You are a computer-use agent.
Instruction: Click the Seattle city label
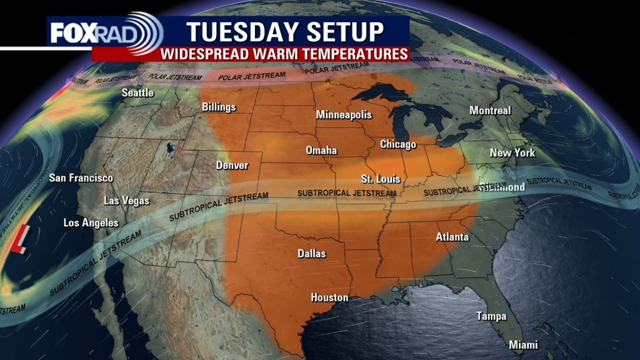pyautogui.click(x=138, y=93)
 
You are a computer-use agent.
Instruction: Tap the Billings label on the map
pyautogui.click(x=218, y=107)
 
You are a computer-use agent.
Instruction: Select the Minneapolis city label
pyautogui.click(x=343, y=115)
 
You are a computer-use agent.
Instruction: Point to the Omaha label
pyautogui.click(x=321, y=150)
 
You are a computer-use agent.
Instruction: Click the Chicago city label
pyautogui.click(x=398, y=144)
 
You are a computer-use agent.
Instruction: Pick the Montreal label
pyautogui.click(x=490, y=110)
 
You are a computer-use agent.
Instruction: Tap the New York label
pyautogui.click(x=512, y=153)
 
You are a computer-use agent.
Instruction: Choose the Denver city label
pyautogui.click(x=232, y=165)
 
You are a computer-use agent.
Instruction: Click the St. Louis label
pyautogui.click(x=380, y=178)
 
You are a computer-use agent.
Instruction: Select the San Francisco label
pyautogui.click(x=81, y=178)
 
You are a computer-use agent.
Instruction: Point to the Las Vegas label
pyautogui.click(x=126, y=201)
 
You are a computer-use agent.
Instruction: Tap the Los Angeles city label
pyautogui.click(x=91, y=223)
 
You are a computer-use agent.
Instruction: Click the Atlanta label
pyautogui.click(x=452, y=237)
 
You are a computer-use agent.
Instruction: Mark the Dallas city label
pyautogui.click(x=311, y=254)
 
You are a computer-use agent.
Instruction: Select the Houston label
pyautogui.click(x=329, y=297)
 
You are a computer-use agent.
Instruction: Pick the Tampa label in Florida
pyautogui.click(x=491, y=316)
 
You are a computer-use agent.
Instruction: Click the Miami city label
pyautogui.click(x=523, y=345)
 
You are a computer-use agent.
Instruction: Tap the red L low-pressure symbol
pyautogui.click(x=20, y=239)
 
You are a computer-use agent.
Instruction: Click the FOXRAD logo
pyautogui.click(x=105, y=32)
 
